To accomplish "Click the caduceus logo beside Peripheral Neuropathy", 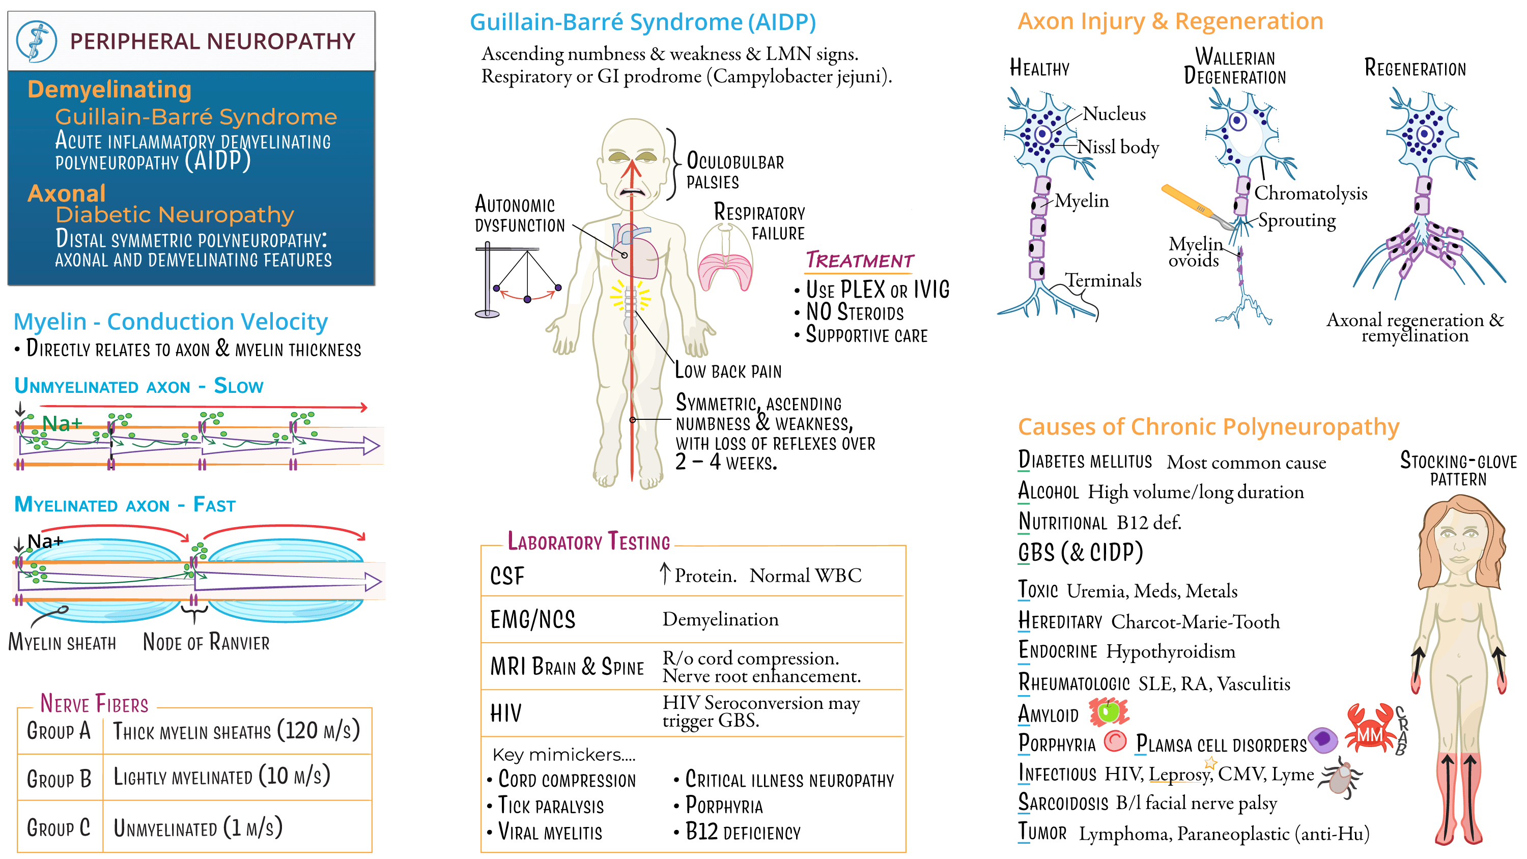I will (x=36, y=42).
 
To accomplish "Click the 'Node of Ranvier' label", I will (x=206, y=642).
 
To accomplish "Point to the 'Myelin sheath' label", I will (x=62, y=643).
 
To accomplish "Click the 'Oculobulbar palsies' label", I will (x=734, y=171).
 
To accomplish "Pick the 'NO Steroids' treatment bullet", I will (x=854, y=312).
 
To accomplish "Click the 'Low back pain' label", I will (x=728, y=371).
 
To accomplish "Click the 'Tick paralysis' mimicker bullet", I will (x=551, y=806).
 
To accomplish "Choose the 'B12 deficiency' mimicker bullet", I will (x=742, y=833).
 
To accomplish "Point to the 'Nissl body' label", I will (x=1117, y=147).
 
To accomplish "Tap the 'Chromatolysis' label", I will (x=1310, y=193).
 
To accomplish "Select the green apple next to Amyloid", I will (x=1109, y=712).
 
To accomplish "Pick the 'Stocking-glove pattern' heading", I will (x=1458, y=469).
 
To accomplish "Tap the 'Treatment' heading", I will (x=859, y=261).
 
